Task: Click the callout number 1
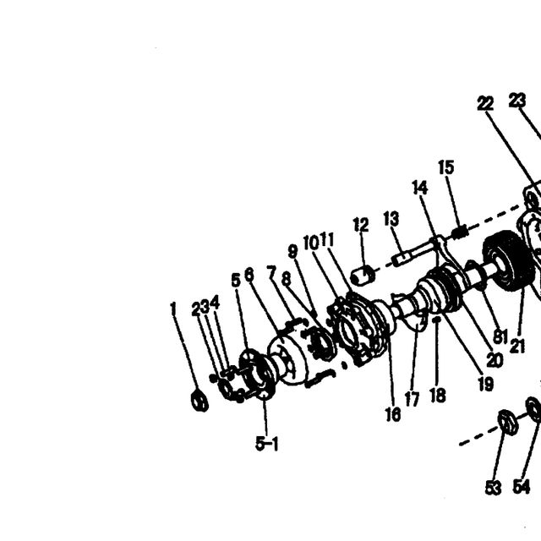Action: [x=173, y=309]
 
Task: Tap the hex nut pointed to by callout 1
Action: [x=199, y=400]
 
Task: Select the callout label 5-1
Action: [x=267, y=443]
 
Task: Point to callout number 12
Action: [x=361, y=225]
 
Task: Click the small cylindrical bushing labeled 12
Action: [x=362, y=276]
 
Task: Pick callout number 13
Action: [x=391, y=219]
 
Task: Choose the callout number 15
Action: [x=446, y=167]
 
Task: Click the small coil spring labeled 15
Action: [x=460, y=231]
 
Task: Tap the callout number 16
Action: [x=393, y=414]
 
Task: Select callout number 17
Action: [x=412, y=400]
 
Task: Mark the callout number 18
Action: [x=438, y=395]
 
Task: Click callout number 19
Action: [x=486, y=384]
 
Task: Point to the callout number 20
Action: [x=495, y=361]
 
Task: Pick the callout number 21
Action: [x=517, y=346]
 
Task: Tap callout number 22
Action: [x=485, y=103]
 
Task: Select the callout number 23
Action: [x=517, y=101]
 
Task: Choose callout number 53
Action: [x=493, y=489]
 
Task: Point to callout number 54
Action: [x=521, y=487]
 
